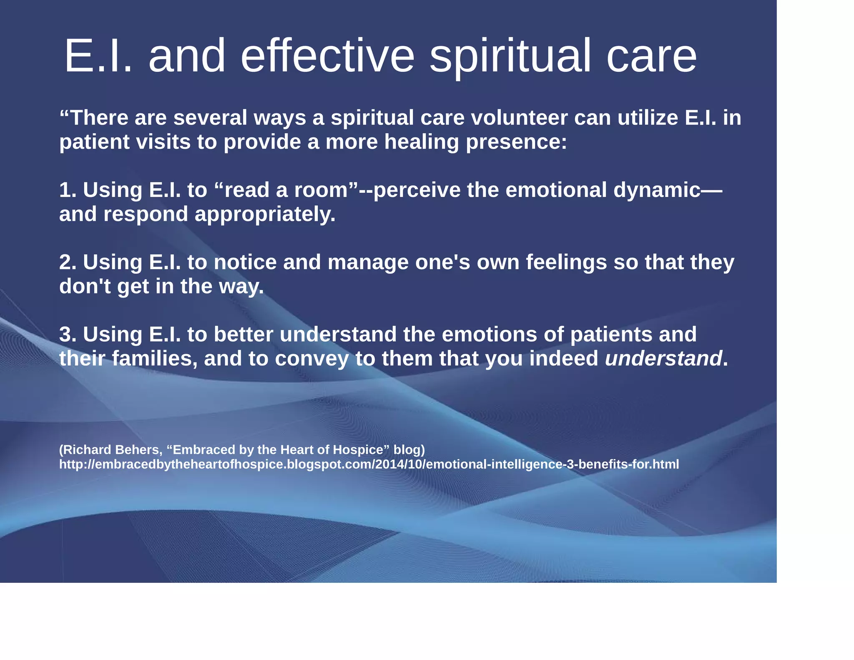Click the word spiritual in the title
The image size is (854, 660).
(510, 56)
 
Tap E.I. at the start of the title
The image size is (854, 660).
(98, 56)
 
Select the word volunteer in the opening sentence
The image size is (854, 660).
(519, 118)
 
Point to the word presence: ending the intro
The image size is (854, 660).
(516, 142)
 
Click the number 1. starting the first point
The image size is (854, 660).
(68, 190)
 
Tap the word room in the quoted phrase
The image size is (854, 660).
(321, 190)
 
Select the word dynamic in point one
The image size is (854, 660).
(656, 190)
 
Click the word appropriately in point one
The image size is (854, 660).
(265, 214)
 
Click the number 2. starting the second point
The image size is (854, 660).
(68, 262)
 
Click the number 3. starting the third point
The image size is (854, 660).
(68, 334)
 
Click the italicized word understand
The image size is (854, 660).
(663, 358)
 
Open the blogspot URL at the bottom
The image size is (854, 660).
(369, 464)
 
